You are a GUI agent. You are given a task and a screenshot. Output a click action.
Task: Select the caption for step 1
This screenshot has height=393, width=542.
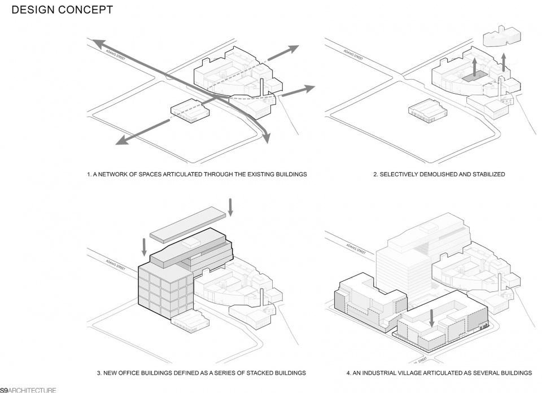(x=197, y=174)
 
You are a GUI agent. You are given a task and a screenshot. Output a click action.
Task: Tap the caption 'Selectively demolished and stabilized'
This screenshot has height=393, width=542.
(x=439, y=174)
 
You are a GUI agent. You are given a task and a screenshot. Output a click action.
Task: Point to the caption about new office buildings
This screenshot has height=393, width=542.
(x=201, y=373)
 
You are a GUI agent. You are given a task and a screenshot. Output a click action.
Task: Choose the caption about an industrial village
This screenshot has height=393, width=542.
(x=439, y=373)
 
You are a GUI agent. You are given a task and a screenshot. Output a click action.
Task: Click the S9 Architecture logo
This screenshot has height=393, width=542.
(x=28, y=390)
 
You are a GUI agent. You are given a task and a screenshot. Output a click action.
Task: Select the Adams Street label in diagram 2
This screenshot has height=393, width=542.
(x=355, y=54)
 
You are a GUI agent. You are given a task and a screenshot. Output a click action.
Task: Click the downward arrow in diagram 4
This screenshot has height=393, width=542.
(x=432, y=317)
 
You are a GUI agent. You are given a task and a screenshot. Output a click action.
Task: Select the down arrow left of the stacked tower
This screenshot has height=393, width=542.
(x=145, y=246)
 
